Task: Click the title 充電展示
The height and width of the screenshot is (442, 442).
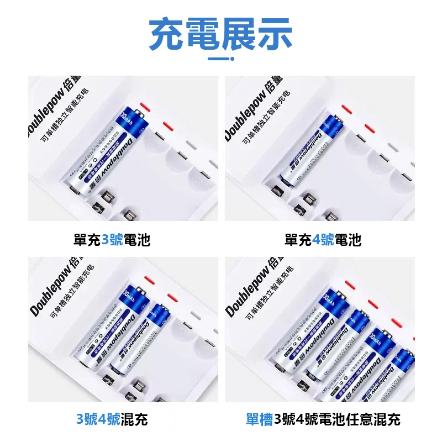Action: [221, 34]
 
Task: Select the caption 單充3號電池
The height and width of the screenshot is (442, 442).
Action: [112, 240]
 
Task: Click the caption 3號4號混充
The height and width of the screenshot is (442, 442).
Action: [112, 419]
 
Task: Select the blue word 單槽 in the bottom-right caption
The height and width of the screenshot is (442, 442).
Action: [259, 419]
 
